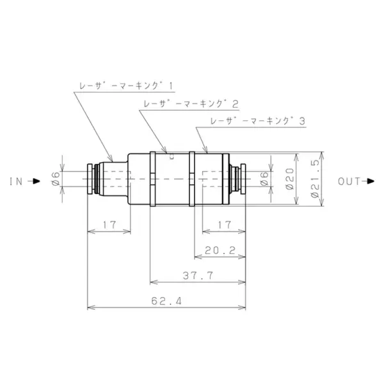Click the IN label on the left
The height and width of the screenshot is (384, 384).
(16, 182)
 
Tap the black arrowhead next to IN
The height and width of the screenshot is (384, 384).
(36, 182)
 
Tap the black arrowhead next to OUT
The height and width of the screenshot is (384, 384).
(371, 182)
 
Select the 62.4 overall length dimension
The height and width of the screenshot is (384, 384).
(166, 301)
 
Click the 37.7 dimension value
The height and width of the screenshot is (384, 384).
(198, 276)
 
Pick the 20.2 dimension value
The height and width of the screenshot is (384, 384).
(220, 250)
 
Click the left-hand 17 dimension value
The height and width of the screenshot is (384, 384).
(109, 225)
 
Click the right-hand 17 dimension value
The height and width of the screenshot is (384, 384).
(225, 225)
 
